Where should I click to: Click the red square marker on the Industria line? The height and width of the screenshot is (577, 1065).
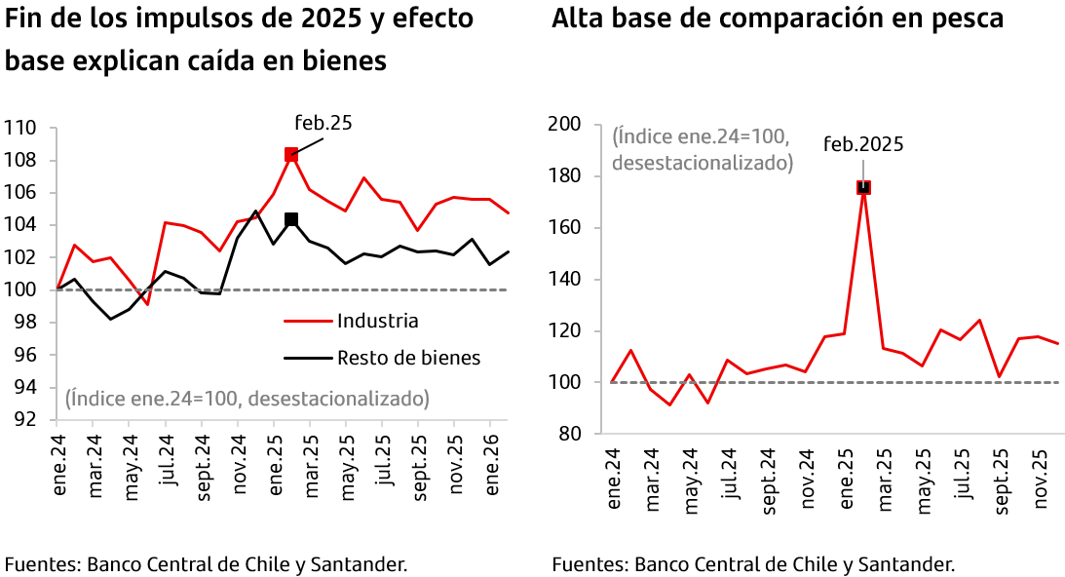[290, 154]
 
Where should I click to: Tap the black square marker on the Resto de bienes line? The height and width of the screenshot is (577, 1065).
[290, 219]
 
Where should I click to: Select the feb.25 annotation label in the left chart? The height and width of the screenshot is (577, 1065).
[323, 123]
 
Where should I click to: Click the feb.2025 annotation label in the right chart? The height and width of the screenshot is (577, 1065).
[863, 144]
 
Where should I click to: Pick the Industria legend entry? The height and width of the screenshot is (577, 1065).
[377, 321]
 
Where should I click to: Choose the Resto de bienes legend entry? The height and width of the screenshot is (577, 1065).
[408, 358]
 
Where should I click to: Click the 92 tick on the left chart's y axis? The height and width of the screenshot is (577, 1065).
[24, 420]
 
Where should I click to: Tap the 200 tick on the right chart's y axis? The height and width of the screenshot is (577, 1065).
[566, 125]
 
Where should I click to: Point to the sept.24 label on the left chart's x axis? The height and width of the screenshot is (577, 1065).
[203, 474]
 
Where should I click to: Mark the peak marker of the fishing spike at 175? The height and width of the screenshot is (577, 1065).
[863, 187]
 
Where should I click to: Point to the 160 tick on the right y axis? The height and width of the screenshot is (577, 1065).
[566, 228]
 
